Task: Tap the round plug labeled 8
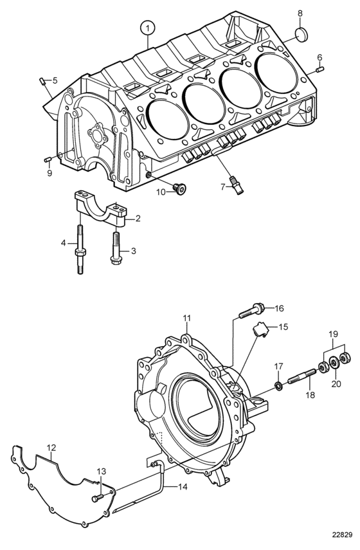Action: tap(301, 35)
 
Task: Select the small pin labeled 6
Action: tap(319, 69)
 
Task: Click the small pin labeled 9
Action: tap(48, 160)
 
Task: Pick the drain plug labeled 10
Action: tap(180, 189)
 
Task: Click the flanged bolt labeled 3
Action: tap(116, 250)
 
